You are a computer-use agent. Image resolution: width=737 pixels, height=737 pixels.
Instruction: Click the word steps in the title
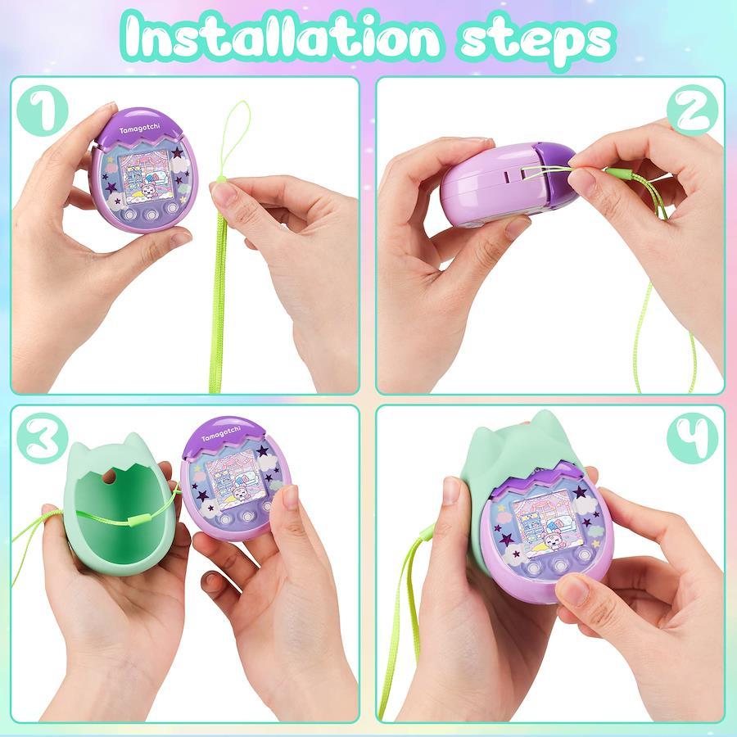[536, 42]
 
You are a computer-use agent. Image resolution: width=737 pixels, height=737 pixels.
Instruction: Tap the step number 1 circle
[43, 111]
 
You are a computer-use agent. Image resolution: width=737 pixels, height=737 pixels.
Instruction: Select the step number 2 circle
[692, 111]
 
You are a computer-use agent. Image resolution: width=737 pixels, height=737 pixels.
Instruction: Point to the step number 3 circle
[43, 438]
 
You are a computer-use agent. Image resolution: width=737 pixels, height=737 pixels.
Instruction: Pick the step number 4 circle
[692, 438]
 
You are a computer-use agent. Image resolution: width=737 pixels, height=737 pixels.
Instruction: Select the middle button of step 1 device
[151, 215]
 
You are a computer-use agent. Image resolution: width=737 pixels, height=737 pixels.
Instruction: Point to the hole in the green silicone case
[111, 476]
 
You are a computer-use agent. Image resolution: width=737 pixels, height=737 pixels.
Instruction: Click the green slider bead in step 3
[138, 519]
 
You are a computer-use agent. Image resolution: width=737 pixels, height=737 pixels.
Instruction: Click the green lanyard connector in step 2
[617, 174]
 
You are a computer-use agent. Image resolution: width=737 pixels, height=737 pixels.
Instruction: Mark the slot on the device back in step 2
[509, 176]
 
